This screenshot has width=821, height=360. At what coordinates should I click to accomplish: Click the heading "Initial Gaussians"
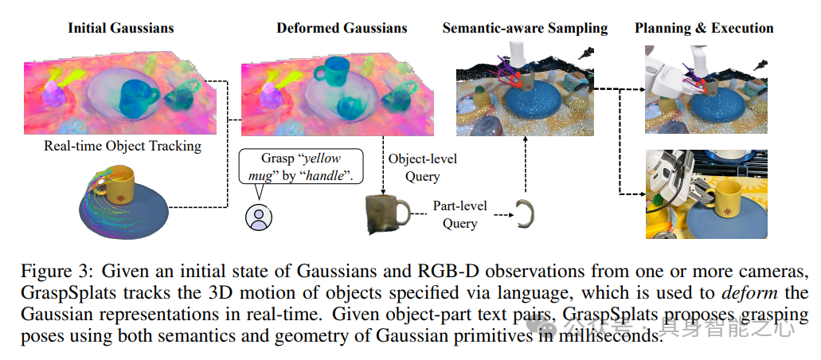pos(121,28)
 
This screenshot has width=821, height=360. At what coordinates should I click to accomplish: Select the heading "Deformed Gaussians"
pos(342,28)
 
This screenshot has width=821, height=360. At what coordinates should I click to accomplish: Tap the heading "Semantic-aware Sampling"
pos(525,28)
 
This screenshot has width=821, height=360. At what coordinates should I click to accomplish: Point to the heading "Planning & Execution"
pos(704,28)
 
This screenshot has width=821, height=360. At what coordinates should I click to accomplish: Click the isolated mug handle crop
pos(524,213)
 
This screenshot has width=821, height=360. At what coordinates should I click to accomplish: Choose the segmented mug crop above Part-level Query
pos(387,214)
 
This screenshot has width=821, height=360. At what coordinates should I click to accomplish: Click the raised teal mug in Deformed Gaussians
pos(330,72)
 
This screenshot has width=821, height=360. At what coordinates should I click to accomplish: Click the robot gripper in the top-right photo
pos(669,76)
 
